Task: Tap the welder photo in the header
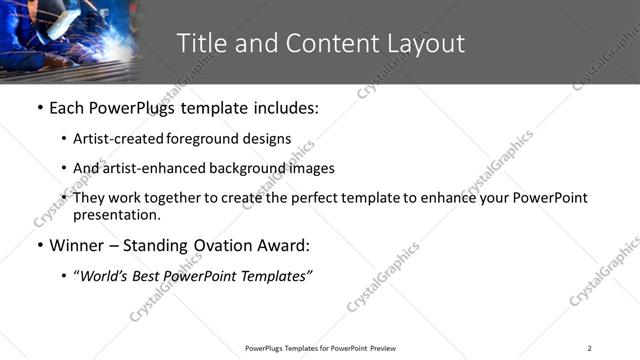coord(68,40)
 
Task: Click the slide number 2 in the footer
coord(589,348)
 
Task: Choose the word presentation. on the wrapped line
coord(116,214)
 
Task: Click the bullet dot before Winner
coord(39,246)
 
